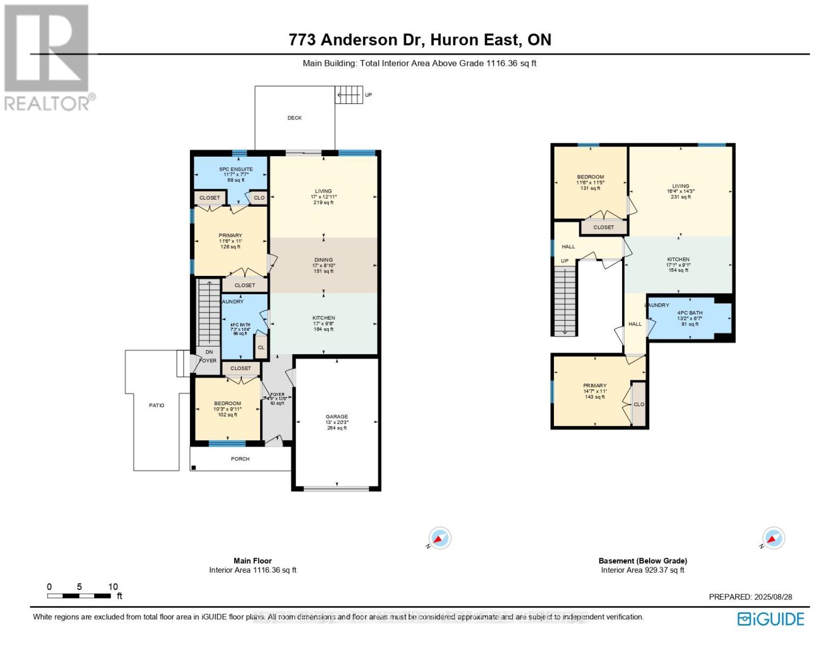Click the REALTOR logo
pyautogui.click(x=48, y=57)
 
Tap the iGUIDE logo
pyautogui.click(x=771, y=619)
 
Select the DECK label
pyautogui.click(x=294, y=118)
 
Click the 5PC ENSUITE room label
pyautogui.click(x=231, y=169)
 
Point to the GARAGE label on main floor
pyautogui.click(x=336, y=417)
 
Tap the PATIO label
pyautogui.click(x=156, y=406)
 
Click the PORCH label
pyautogui.click(x=240, y=459)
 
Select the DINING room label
pyautogui.click(x=323, y=260)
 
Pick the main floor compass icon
pyautogui.click(x=440, y=539)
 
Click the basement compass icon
pyautogui.click(x=773, y=539)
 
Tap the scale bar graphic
pyautogui.click(x=79, y=596)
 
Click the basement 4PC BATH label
pyautogui.click(x=690, y=313)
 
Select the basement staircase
pyautogui.click(x=565, y=300)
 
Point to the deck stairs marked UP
pyautogui.click(x=348, y=95)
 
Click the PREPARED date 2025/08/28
pyautogui.click(x=750, y=597)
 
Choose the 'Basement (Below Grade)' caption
pyautogui.click(x=643, y=561)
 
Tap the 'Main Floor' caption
pyautogui.click(x=253, y=561)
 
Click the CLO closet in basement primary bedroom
pyautogui.click(x=639, y=404)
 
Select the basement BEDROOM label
pyautogui.click(x=590, y=177)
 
